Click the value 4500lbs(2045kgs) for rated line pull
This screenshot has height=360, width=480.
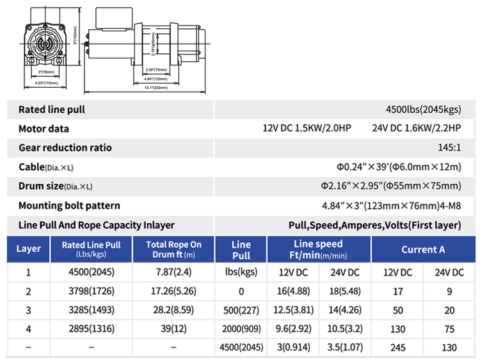coord(423,110)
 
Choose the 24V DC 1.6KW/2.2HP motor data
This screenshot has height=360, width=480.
coord(417,128)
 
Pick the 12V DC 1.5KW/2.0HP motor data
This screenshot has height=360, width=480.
coord(307,128)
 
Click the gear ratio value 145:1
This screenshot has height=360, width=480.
coord(449,147)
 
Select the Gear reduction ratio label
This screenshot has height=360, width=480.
coord(65,147)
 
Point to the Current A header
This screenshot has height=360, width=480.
coord(423,249)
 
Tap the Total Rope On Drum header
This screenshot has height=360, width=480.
coord(173,249)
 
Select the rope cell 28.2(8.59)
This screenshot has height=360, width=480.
coord(173,311)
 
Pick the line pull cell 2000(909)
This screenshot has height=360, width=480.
coord(241,330)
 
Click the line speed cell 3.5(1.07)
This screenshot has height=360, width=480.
coord(345,349)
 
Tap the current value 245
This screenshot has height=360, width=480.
coord(397,349)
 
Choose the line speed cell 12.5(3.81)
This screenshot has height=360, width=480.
coord(292,311)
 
